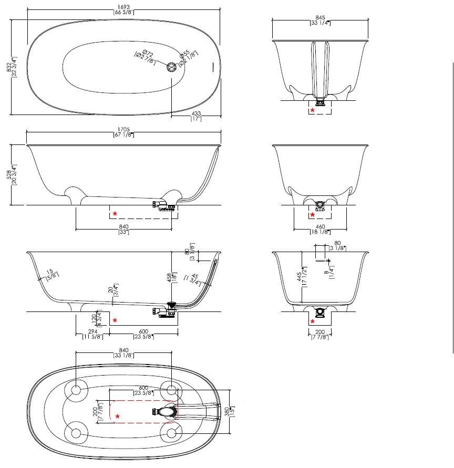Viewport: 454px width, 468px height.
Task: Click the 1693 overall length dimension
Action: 125,6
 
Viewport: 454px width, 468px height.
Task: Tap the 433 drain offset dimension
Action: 196,113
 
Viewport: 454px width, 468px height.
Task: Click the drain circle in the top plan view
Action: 172,66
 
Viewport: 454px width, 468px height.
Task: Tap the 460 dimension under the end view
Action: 319,227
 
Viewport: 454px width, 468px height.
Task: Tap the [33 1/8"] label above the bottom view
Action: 124,356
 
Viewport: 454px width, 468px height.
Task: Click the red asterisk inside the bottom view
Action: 117,417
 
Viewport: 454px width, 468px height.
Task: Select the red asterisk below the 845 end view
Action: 313,110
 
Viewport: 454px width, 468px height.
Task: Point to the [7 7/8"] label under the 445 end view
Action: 319,337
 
